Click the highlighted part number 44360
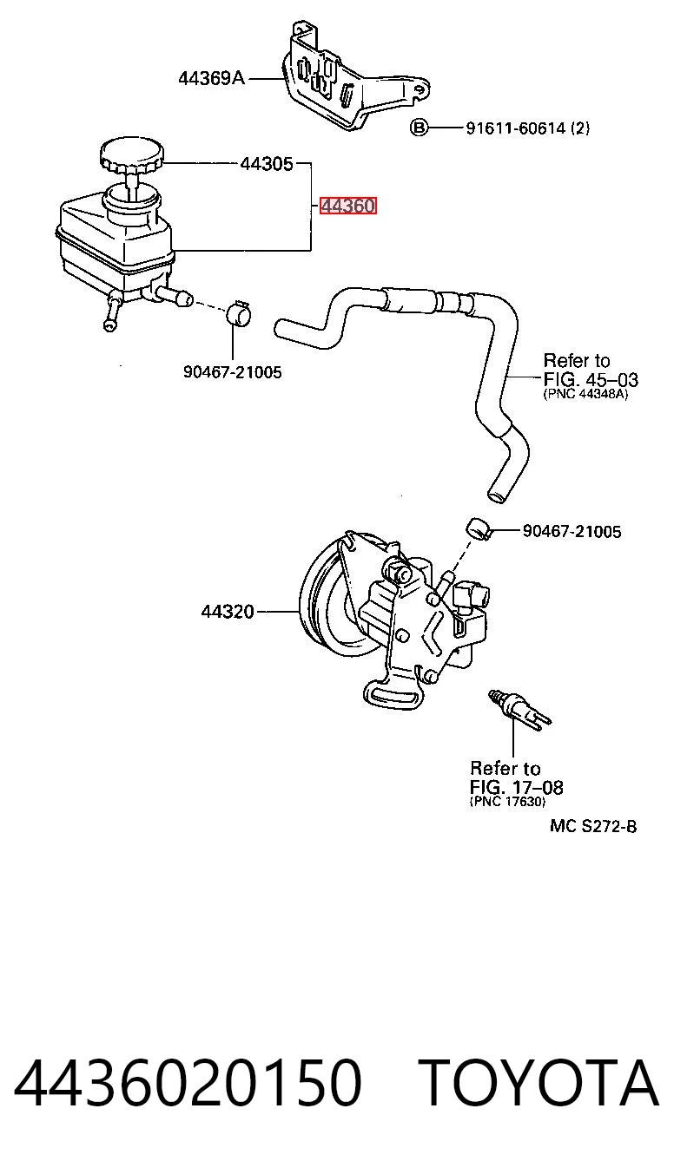point(348,206)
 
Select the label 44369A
point(211,79)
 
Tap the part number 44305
point(267,164)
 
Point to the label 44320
point(228,611)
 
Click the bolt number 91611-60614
point(516,128)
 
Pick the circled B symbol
point(419,128)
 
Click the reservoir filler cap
point(132,155)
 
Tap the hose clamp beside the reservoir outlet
point(239,313)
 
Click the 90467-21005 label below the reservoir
point(233,372)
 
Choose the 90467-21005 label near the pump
point(572,531)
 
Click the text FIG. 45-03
point(590,379)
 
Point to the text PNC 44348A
point(585,394)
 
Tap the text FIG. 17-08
point(516,787)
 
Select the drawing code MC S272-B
point(592,827)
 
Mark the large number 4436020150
point(188,1084)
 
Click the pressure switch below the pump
point(519,710)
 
